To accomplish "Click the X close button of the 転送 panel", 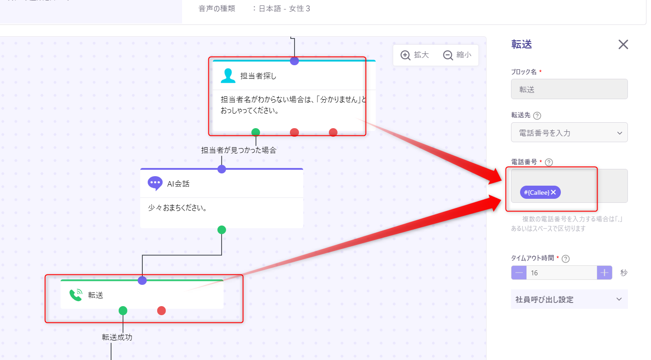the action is pyautogui.click(x=623, y=45).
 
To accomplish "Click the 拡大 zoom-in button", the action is pyautogui.click(x=415, y=55).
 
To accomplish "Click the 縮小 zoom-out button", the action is pyautogui.click(x=457, y=55).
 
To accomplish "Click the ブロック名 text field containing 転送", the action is pyautogui.click(x=569, y=89).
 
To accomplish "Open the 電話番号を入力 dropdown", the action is pyautogui.click(x=569, y=133).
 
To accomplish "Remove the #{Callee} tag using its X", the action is pyautogui.click(x=553, y=192).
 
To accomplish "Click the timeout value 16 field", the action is pyautogui.click(x=561, y=273).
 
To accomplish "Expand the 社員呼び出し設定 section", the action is pyautogui.click(x=569, y=299).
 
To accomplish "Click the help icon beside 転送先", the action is pyautogui.click(x=537, y=115).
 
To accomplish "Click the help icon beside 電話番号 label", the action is pyautogui.click(x=549, y=162).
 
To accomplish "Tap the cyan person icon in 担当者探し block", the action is pyautogui.click(x=228, y=76).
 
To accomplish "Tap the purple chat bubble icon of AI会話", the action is pyautogui.click(x=155, y=183).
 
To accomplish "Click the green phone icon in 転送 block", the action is pyautogui.click(x=76, y=295).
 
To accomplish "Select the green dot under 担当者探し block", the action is pyautogui.click(x=256, y=132).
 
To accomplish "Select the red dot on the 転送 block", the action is pyautogui.click(x=161, y=311).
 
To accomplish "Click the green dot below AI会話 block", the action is pyautogui.click(x=222, y=230).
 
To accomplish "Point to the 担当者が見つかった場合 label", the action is pyautogui.click(x=239, y=150).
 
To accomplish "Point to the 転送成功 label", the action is pyautogui.click(x=117, y=337).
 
